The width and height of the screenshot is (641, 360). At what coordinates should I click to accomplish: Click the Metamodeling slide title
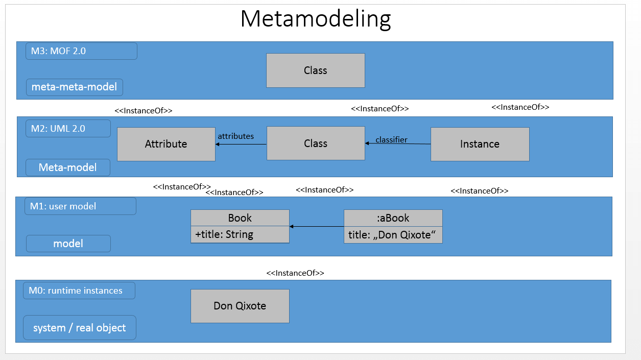tap(315, 19)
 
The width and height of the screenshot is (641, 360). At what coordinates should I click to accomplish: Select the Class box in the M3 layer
tap(315, 70)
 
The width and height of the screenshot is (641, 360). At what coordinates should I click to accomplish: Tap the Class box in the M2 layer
tap(316, 143)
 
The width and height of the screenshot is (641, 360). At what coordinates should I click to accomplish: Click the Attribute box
tap(166, 144)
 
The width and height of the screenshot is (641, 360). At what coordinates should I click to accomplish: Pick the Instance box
tap(480, 144)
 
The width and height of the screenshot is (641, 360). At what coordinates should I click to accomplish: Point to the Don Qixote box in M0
tap(240, 306)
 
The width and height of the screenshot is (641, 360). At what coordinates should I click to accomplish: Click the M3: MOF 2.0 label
tap(81, 51)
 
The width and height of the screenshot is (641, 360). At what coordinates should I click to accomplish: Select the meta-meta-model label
tap(75, 87)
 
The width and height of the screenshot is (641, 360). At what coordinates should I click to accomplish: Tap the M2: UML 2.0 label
tap(68, 129)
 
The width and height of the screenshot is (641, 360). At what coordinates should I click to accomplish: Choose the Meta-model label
tap(68, 167)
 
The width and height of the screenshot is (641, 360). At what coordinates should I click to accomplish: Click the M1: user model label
tap(80, 206)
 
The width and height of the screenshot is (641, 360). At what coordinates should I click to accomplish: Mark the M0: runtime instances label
tap(79, 291)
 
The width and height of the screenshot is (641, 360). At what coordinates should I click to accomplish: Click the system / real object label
tap(80, 328)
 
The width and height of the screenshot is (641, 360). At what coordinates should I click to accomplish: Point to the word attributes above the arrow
tap(236, 136)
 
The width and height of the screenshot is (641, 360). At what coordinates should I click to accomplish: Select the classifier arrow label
tap(391, 139)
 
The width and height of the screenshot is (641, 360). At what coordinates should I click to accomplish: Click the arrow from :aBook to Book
tap(317, 226)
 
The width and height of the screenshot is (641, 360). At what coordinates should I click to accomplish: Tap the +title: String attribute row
tap(240, 234)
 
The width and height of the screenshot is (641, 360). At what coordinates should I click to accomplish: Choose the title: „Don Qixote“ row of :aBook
tap(393, 235)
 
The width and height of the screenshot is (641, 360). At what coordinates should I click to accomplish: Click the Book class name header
tap(240, 218)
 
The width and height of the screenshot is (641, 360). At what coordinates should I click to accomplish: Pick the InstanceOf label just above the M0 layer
tap(295, 273)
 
